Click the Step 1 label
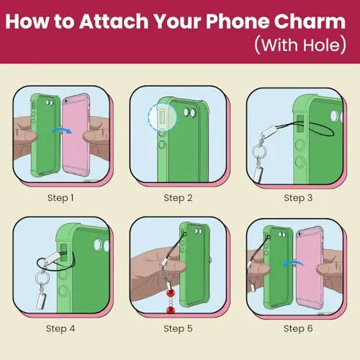click(60, 198)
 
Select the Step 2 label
click(178, 198)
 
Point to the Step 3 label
click(298, 198)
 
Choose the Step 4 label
click(60, 329)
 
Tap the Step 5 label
click(178, 329)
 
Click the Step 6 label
click(298, 329)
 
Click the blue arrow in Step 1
click(62, 130)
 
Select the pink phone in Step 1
click(76, 135)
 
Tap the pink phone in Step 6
click(310, 268)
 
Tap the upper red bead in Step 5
click(171, 293)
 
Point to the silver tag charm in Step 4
click(41, 300)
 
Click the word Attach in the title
click(114, 22)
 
